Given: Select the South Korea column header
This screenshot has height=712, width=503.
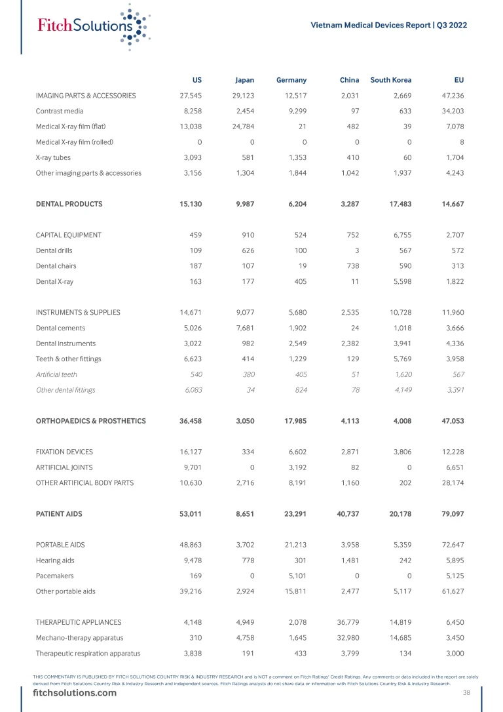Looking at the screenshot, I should coord(391,80).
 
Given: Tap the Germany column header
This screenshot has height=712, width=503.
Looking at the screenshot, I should coord(291,80).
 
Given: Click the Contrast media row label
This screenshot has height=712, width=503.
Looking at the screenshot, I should coord(60,111).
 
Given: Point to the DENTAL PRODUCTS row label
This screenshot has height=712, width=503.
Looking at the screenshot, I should coord(69,204).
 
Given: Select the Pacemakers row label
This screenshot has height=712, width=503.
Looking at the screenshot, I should coord(54,576).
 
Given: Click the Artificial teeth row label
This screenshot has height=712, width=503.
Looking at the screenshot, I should coord(56,374).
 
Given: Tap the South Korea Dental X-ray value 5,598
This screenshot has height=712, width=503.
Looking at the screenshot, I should coord(400,281).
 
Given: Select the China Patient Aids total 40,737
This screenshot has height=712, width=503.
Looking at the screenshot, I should coord(348,514).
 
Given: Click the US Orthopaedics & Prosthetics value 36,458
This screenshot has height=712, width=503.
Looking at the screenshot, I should coord(190,421).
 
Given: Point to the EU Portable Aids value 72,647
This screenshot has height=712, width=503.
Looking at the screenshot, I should coord(452,545).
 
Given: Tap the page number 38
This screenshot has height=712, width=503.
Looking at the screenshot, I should coord(466,693).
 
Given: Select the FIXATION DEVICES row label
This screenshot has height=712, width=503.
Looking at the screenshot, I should coord(64,452).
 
